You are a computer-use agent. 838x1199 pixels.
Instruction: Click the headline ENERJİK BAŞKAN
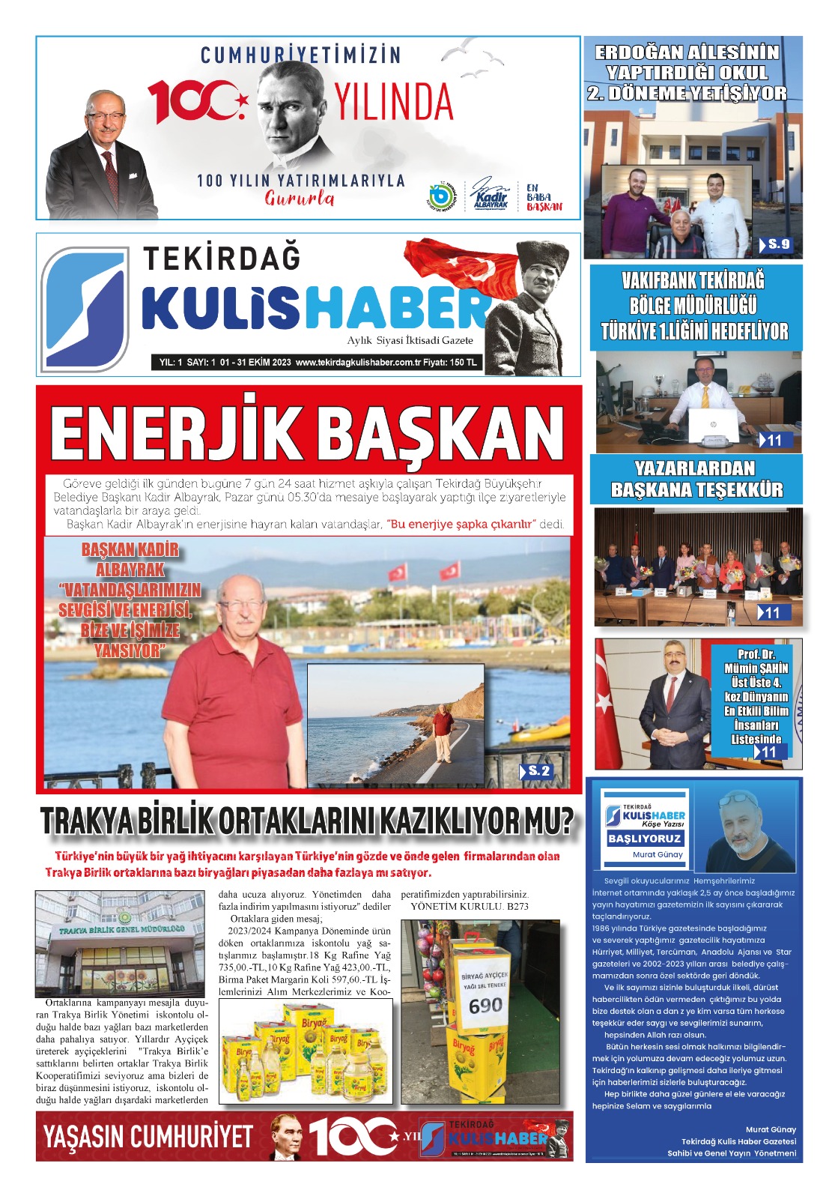(307, 434)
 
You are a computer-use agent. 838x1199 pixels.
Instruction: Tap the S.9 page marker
(778, 244)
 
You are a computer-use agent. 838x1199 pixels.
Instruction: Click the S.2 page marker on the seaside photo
(538, 771)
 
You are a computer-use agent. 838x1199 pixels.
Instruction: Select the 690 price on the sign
(485, 1005)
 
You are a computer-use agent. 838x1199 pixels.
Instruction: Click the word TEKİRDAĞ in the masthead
(222, 258)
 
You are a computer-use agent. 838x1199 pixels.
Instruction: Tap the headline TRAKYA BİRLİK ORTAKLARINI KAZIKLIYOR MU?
(307, 821)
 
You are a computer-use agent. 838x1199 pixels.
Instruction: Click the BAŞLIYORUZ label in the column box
(644, 839)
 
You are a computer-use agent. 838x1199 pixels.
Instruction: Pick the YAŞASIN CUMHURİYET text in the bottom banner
(148, 1137)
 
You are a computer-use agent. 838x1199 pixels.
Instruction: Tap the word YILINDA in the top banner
(393, 103)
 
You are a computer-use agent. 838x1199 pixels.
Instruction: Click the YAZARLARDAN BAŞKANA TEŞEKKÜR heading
(696, 480)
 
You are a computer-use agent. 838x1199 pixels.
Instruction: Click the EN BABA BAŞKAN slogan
(544, 198)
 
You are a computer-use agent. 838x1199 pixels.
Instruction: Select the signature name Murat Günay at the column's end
(771, 1129)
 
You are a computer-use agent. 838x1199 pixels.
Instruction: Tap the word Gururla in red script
(300, 199)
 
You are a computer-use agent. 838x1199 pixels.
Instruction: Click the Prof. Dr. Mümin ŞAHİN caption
(756, 696)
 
